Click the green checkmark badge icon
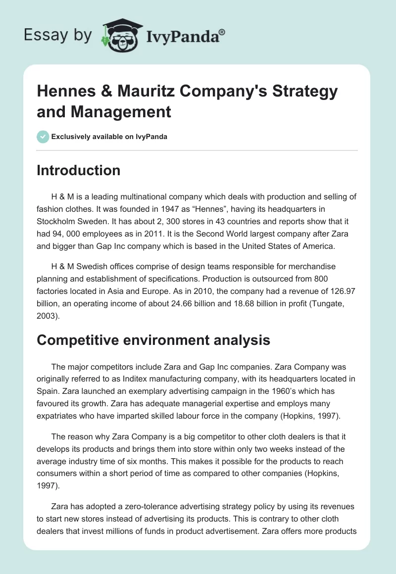click(43, 137)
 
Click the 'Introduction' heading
click(79, 170)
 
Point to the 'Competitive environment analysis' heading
click(153, 340)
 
